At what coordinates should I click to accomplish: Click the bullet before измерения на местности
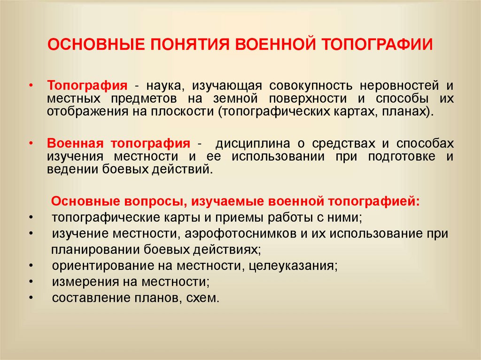pos(31,282)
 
